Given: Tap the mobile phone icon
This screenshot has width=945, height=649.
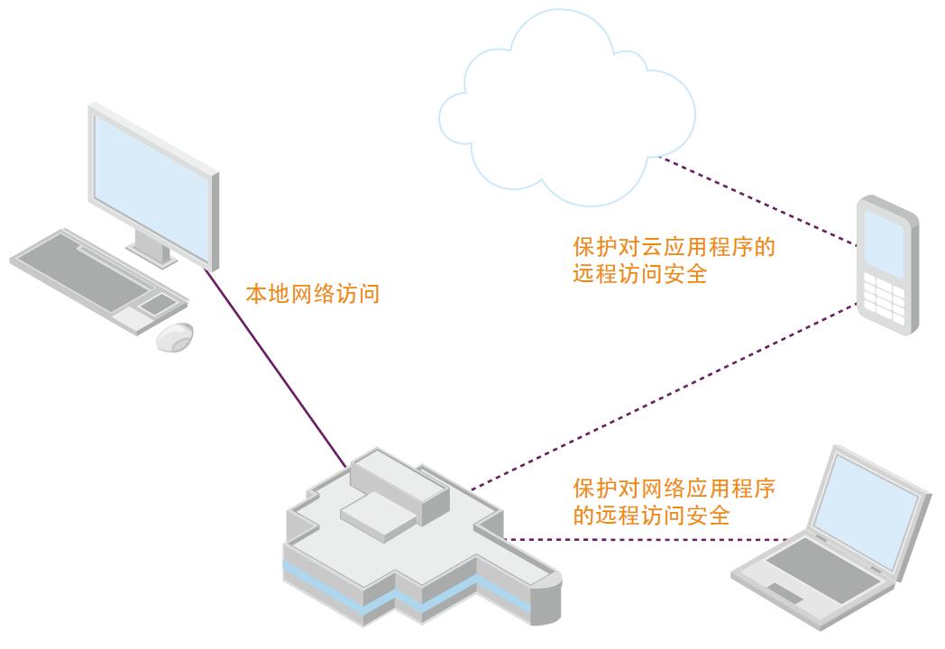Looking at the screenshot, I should click(887, 265).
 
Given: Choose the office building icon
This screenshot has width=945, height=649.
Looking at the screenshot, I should click(415, 541).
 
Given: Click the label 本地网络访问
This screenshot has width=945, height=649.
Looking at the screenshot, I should click(313, 294).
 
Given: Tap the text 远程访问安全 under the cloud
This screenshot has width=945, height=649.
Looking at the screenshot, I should click(639, 274).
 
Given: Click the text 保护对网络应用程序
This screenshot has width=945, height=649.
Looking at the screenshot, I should click(674, 489).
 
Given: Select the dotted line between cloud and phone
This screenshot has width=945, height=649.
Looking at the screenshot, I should click(757, 202).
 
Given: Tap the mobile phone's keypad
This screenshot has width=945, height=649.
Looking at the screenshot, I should click(884, 292).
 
